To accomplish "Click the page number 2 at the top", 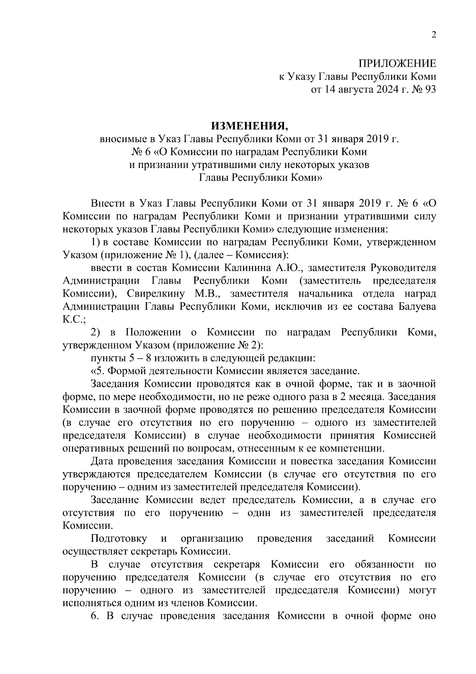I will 434,35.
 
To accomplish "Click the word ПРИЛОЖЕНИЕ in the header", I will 397,64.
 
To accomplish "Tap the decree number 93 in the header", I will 430,90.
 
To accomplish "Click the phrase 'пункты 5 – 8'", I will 118,358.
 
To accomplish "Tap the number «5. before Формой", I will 98,371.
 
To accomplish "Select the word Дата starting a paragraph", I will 102,462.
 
